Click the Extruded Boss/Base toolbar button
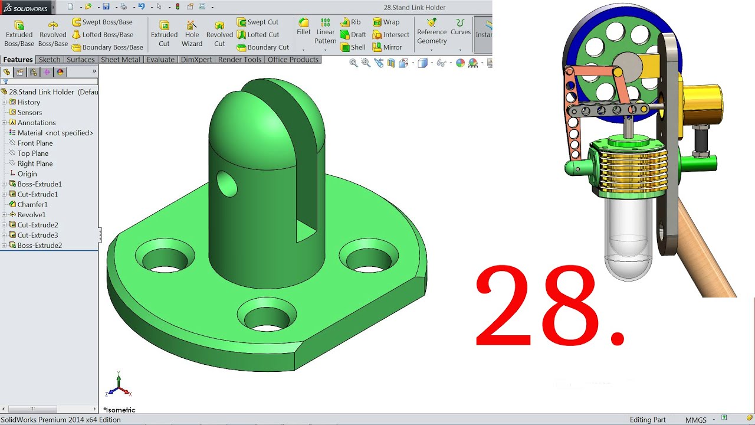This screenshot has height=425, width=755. (x=19, y=33)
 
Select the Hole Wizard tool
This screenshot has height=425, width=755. (x=192, y=33)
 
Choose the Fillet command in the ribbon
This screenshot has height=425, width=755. (x=303, y=27)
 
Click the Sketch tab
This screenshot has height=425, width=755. (x=50, y=60)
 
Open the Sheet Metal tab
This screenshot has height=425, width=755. (x=120, y=60)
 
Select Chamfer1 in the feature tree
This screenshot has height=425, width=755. (x=32, y=204)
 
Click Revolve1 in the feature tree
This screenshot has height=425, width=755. (x=31, y=215)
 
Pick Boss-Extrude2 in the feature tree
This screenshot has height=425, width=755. (x=39, y=246)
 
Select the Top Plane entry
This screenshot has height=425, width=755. (x=32, y=153)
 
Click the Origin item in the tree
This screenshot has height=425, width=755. (x=27, y=174)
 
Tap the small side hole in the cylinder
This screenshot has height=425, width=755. (x=226, y=184)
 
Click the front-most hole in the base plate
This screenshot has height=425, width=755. (x=267, y=318)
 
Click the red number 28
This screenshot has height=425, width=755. (x=549, y=307)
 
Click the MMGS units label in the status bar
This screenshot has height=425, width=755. (x=695, y=420)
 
